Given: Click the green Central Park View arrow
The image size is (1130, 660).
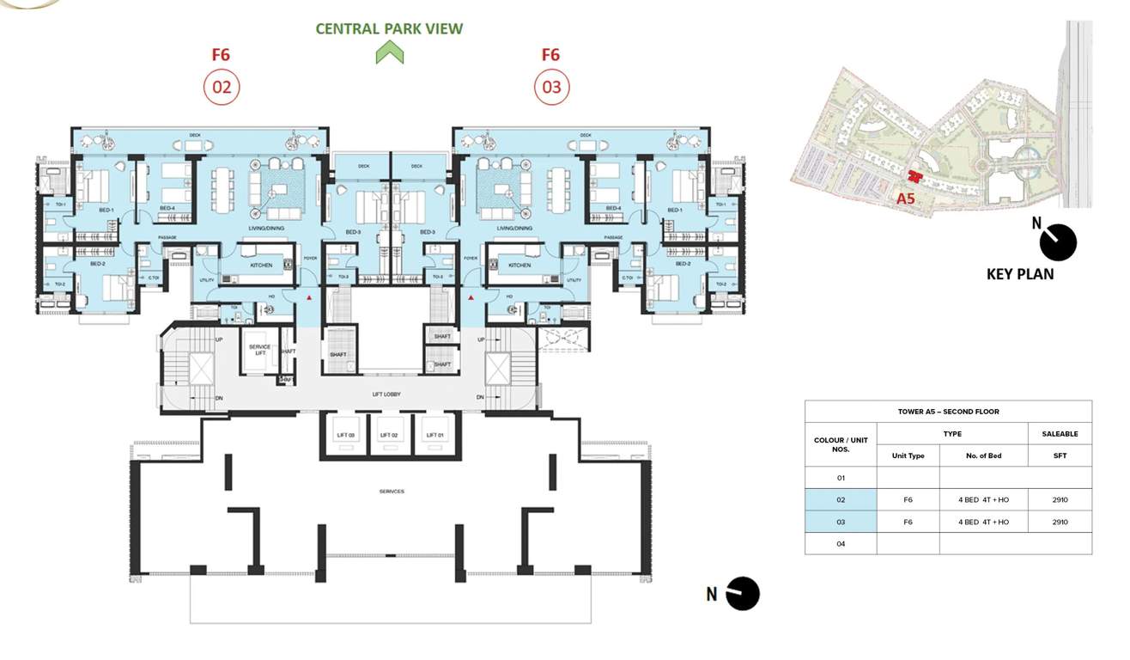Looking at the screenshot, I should pos(389,53).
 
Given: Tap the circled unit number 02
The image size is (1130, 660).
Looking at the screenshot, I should pos(221,87).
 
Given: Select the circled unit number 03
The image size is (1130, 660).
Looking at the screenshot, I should pos(551,87).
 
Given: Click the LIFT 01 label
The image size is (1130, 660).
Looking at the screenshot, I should pos(435,436).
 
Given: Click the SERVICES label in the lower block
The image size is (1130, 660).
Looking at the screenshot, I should pos(392,492).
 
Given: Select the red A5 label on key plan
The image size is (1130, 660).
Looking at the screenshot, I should pos(904,198).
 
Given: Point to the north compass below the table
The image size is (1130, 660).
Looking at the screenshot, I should pos(742,594).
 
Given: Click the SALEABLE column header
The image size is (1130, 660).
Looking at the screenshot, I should pos(1060,434).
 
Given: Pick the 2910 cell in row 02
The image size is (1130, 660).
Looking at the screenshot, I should pos(1060,499).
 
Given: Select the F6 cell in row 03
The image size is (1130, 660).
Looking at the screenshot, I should pos(908,522).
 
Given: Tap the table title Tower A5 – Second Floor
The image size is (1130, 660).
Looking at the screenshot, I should pos(948,412).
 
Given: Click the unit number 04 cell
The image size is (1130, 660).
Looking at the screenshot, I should pos(841,543).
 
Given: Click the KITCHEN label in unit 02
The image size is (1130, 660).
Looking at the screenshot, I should pos(261,266).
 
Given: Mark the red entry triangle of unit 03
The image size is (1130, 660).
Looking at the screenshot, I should pos(472,298).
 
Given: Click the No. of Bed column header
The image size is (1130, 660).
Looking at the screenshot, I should pos(983,455).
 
